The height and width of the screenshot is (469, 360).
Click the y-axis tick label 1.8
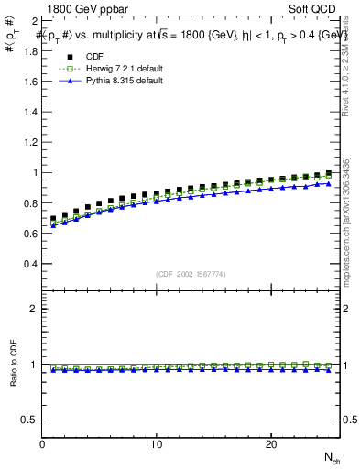[31, 50]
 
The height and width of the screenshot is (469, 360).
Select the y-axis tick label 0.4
[31, 264]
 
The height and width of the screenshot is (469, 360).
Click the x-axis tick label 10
[158, 444]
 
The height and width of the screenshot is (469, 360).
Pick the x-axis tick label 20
[271, 444]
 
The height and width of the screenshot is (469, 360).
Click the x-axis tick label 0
[43, 444]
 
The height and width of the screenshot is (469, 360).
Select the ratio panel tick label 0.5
[31, 420]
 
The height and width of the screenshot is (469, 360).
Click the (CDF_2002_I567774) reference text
[191, 273]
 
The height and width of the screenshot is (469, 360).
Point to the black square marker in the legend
[69, 57]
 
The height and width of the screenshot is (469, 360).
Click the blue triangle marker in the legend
[69, 81]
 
